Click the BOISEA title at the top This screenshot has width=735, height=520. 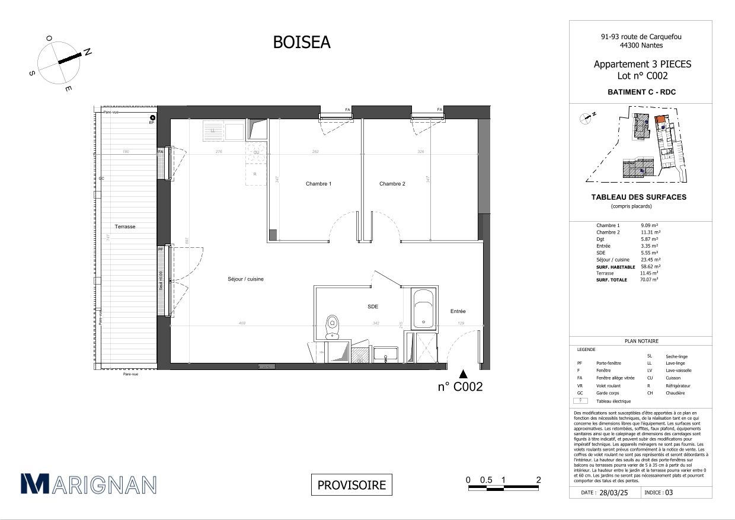pos(301,42)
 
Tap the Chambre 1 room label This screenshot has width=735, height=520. pos(318,184)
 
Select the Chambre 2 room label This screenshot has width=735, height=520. pos(392,184)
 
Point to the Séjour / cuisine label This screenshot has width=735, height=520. pos(245,279)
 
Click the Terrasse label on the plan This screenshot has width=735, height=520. pos(125,226)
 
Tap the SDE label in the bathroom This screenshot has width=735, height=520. pos(372,307)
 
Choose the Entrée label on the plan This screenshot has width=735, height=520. pos(458,311)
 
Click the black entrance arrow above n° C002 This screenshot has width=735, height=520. pos(464,374)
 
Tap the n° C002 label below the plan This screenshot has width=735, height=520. pos(460,387)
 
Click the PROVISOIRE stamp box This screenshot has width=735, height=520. pos(351,485)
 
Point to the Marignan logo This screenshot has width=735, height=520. pos(88,484)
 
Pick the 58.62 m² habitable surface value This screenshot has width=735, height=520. pos(650,267)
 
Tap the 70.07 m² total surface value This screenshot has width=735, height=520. pos(649,279)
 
